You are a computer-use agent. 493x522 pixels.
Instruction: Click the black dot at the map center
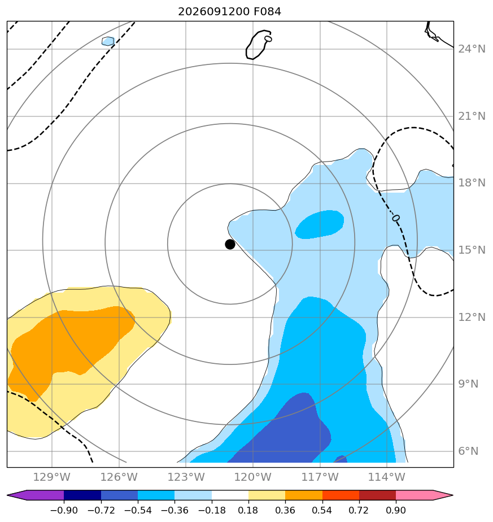coord(230,245)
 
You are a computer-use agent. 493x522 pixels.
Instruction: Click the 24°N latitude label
coord(472,49)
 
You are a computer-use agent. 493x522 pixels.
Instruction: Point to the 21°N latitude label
coord(472,116)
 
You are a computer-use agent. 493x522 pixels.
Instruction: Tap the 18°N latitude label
coord(472,183)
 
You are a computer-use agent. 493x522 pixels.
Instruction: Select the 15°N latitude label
coord(472,250)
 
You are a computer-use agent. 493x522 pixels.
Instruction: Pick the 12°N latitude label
coord(472,317)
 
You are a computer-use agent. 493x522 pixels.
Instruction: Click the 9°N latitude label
coord(468,384)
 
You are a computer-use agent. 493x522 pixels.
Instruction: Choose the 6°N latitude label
coord(468,451)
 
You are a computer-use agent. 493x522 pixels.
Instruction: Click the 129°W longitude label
coord(52,477)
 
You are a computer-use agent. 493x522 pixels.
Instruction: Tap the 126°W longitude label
coord(119,477)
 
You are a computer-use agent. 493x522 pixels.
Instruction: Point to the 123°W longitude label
coord(186,477)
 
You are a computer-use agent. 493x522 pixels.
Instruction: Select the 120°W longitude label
coord(253,477)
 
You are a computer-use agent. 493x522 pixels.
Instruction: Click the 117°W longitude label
coord(320,477)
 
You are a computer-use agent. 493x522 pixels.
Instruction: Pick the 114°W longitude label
coord(387,477)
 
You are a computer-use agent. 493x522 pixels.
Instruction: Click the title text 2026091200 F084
coord(230,12)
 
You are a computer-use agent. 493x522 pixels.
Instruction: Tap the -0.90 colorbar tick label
coord(64,510)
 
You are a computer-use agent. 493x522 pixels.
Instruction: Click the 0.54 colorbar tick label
coord(322,510)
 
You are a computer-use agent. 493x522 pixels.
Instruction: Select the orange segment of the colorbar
coord(304,495)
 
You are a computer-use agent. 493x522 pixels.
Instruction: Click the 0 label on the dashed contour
coord(396,218)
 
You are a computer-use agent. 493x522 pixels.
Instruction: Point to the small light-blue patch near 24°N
coord(108,41)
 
